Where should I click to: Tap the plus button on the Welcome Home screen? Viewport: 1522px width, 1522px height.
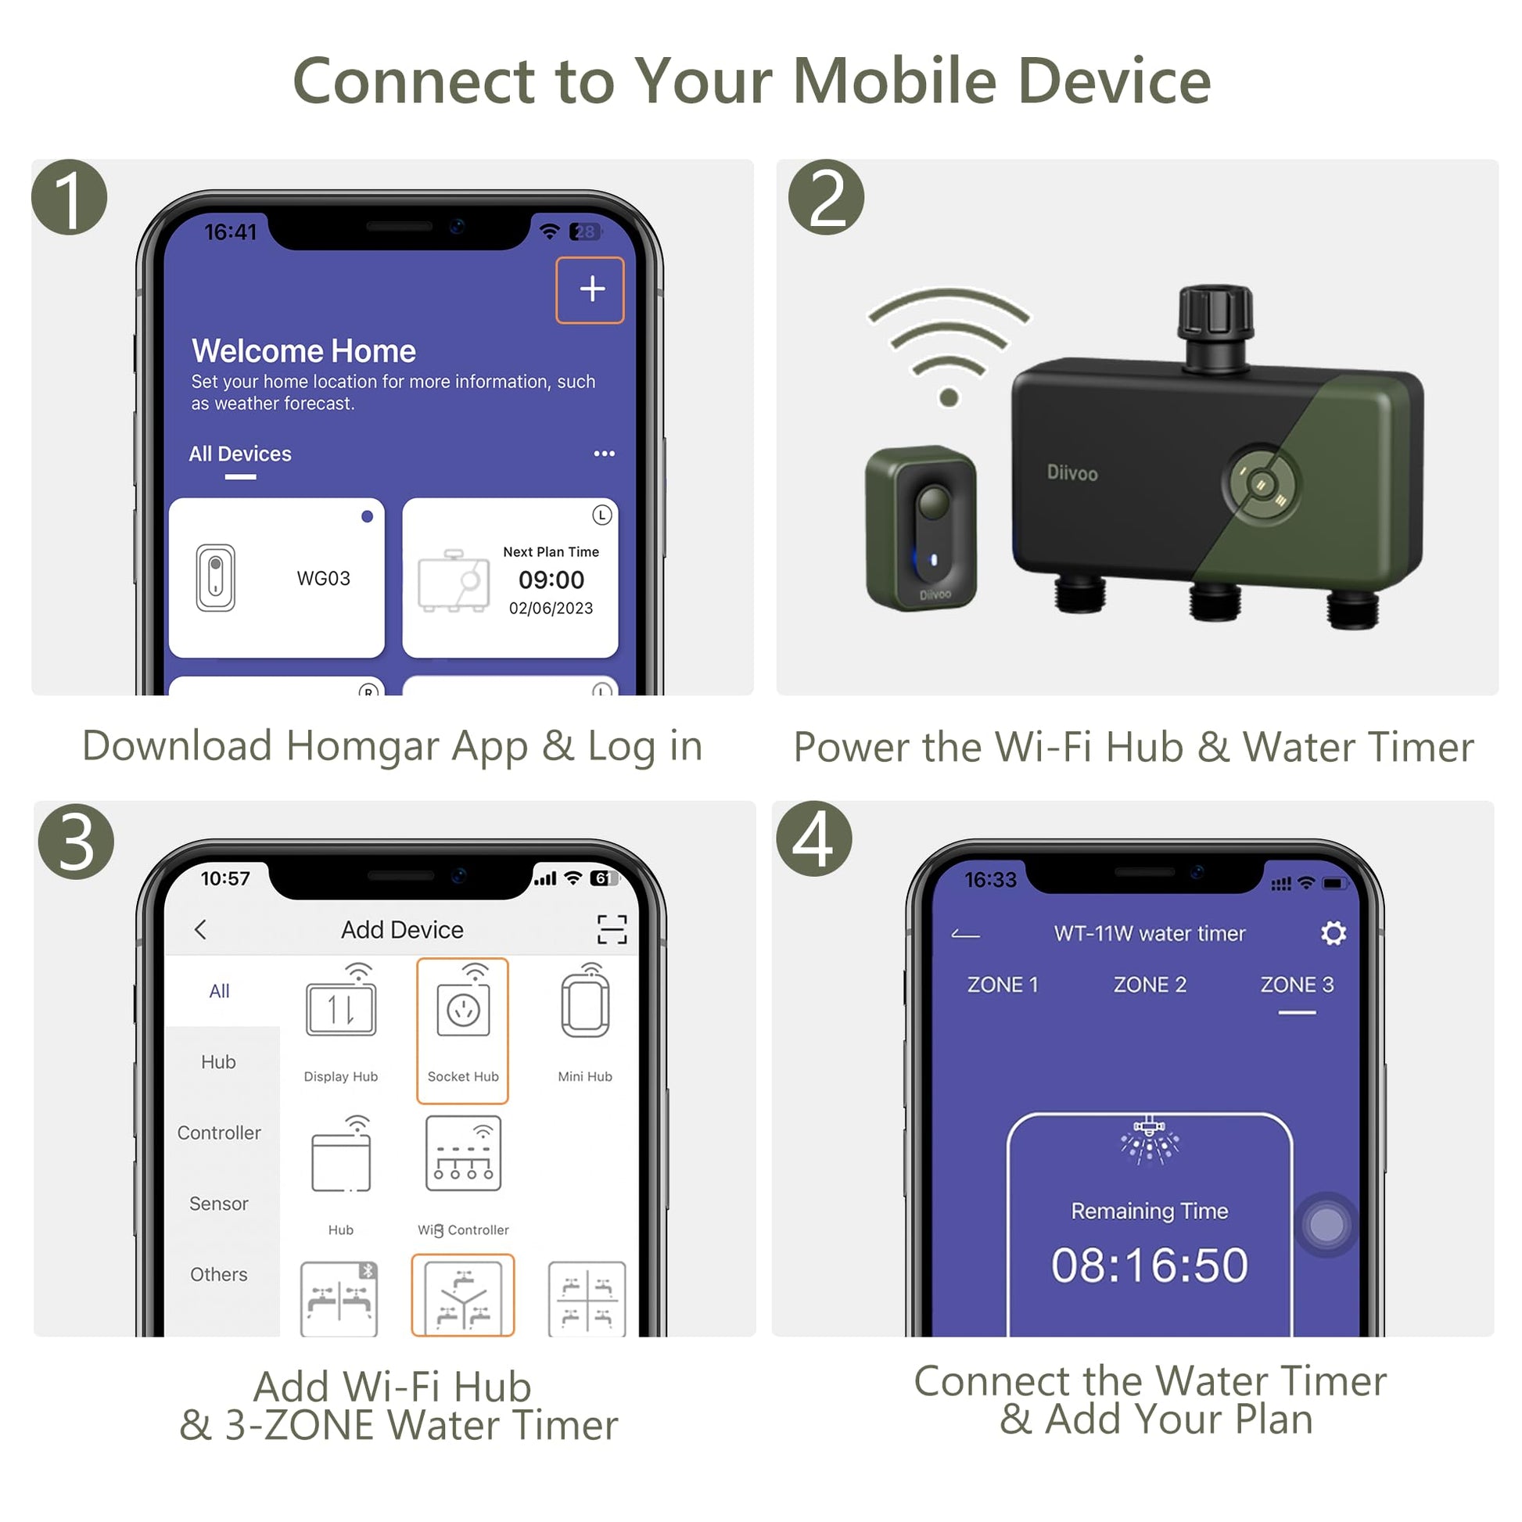tap(590, 290)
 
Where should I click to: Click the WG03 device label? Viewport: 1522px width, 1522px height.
tap(323, 578)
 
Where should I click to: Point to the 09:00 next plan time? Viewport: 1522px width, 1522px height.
tap(551, 580)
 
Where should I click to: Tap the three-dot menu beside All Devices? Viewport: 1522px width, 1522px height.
tap(605, 454)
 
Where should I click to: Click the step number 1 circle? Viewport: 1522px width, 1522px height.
tap(70, 197)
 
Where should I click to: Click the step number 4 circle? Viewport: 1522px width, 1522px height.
tap(813, 839)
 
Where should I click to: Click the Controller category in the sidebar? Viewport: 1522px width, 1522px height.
tap(219, 1133)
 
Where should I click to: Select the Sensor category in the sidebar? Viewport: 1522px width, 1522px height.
tap(219, 1204)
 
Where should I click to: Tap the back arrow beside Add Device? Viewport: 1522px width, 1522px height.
tap(201, 930)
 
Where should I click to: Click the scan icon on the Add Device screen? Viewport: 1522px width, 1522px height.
tap(612, 930)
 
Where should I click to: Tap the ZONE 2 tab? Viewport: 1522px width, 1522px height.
tap(1150, 985)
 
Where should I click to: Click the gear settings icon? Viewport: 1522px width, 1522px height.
tap(1333, 934)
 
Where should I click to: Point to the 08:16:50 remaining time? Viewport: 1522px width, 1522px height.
tap(1150, 1265)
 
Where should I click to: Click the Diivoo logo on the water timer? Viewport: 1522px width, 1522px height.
tap(1072, 472)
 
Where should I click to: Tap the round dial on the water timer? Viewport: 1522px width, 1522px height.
tap(1260, 483)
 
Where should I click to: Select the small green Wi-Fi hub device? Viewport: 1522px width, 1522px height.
tap(921, 528)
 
